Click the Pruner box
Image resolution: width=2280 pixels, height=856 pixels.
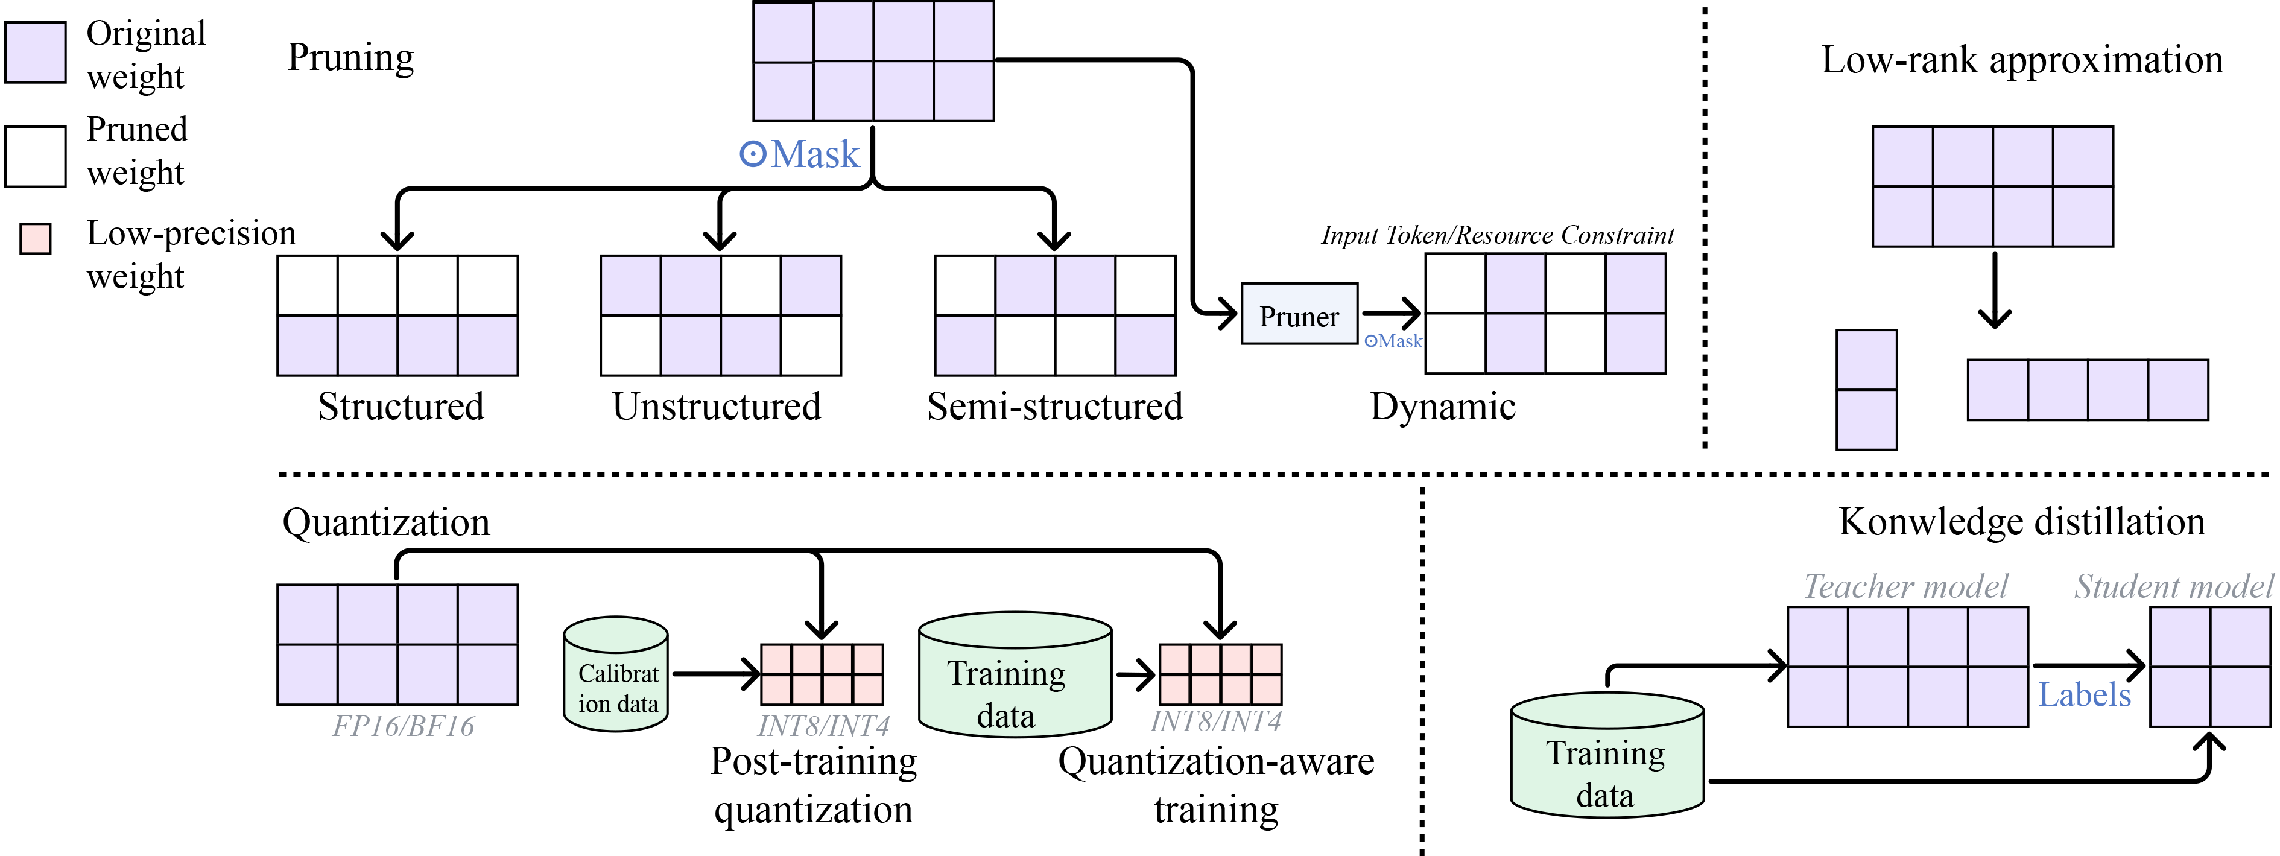pyautogui.click(x=1299, y=314)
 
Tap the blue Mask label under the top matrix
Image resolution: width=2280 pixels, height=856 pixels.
pyautogui.click(x=800, y=155)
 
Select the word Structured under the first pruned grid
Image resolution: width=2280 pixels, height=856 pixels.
pyautogui.click(x=401, y=407)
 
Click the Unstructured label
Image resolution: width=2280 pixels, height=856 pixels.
pyautogui.click(x=717, y=407)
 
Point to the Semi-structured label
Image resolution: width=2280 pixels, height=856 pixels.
pyautogui.click(x=1054, y=407)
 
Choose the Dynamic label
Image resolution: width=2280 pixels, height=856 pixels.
pyautogui.click(x=1443, y=407)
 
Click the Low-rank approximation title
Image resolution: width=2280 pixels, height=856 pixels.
pyautogui.click(x=2022, y=60)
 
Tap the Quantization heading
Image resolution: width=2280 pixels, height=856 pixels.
pyautogui.click(x=386, y=522)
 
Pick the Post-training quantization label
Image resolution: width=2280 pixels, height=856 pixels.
pyautogui.click(x=814, y=785)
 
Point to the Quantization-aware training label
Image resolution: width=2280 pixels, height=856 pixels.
pyautogui.click(x=1216, y=785)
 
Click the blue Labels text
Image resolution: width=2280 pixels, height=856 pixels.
pyautogui.click(x=2085, y=695)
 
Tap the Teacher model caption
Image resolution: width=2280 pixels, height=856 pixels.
pyautogui.click(x=1905, y=586)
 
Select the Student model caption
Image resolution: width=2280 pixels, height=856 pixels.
pyautogui.click(x=2173, y=586)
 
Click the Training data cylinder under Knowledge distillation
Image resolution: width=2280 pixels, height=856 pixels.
pyautogui.click(x=1606, y=757)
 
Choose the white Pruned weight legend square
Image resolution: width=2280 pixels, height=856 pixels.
pyautogui.click(x=36, y=157)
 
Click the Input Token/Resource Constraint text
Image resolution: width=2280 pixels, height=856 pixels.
pyautogui.click(x=1498, y=235)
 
